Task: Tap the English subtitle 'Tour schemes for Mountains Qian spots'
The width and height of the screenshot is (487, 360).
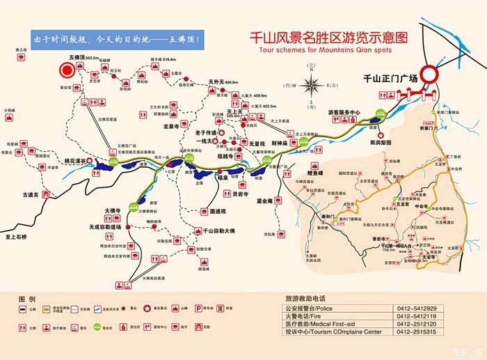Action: point(324,50)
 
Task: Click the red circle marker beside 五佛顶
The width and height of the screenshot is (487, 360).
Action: point(67,70)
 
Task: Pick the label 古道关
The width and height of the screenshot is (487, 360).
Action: point(34,194)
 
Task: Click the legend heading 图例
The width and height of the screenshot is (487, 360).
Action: point(26,297)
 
